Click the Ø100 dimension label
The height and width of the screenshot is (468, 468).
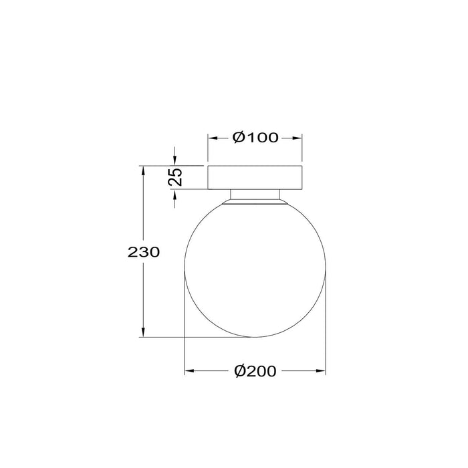(x=255, y=138)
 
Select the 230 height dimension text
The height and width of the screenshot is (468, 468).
(x=142, y=252)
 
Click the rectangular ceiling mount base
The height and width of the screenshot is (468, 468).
(x=255, y=177)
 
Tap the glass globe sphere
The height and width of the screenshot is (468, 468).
(x=255, y=267)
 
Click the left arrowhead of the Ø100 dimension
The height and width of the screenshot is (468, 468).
(x=212, y=138)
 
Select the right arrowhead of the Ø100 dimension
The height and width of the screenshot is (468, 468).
(x=298, y=138)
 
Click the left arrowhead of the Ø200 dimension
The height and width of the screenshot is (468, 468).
(x=189, y=370)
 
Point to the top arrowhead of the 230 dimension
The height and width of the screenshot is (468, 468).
(x=143, y=170)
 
